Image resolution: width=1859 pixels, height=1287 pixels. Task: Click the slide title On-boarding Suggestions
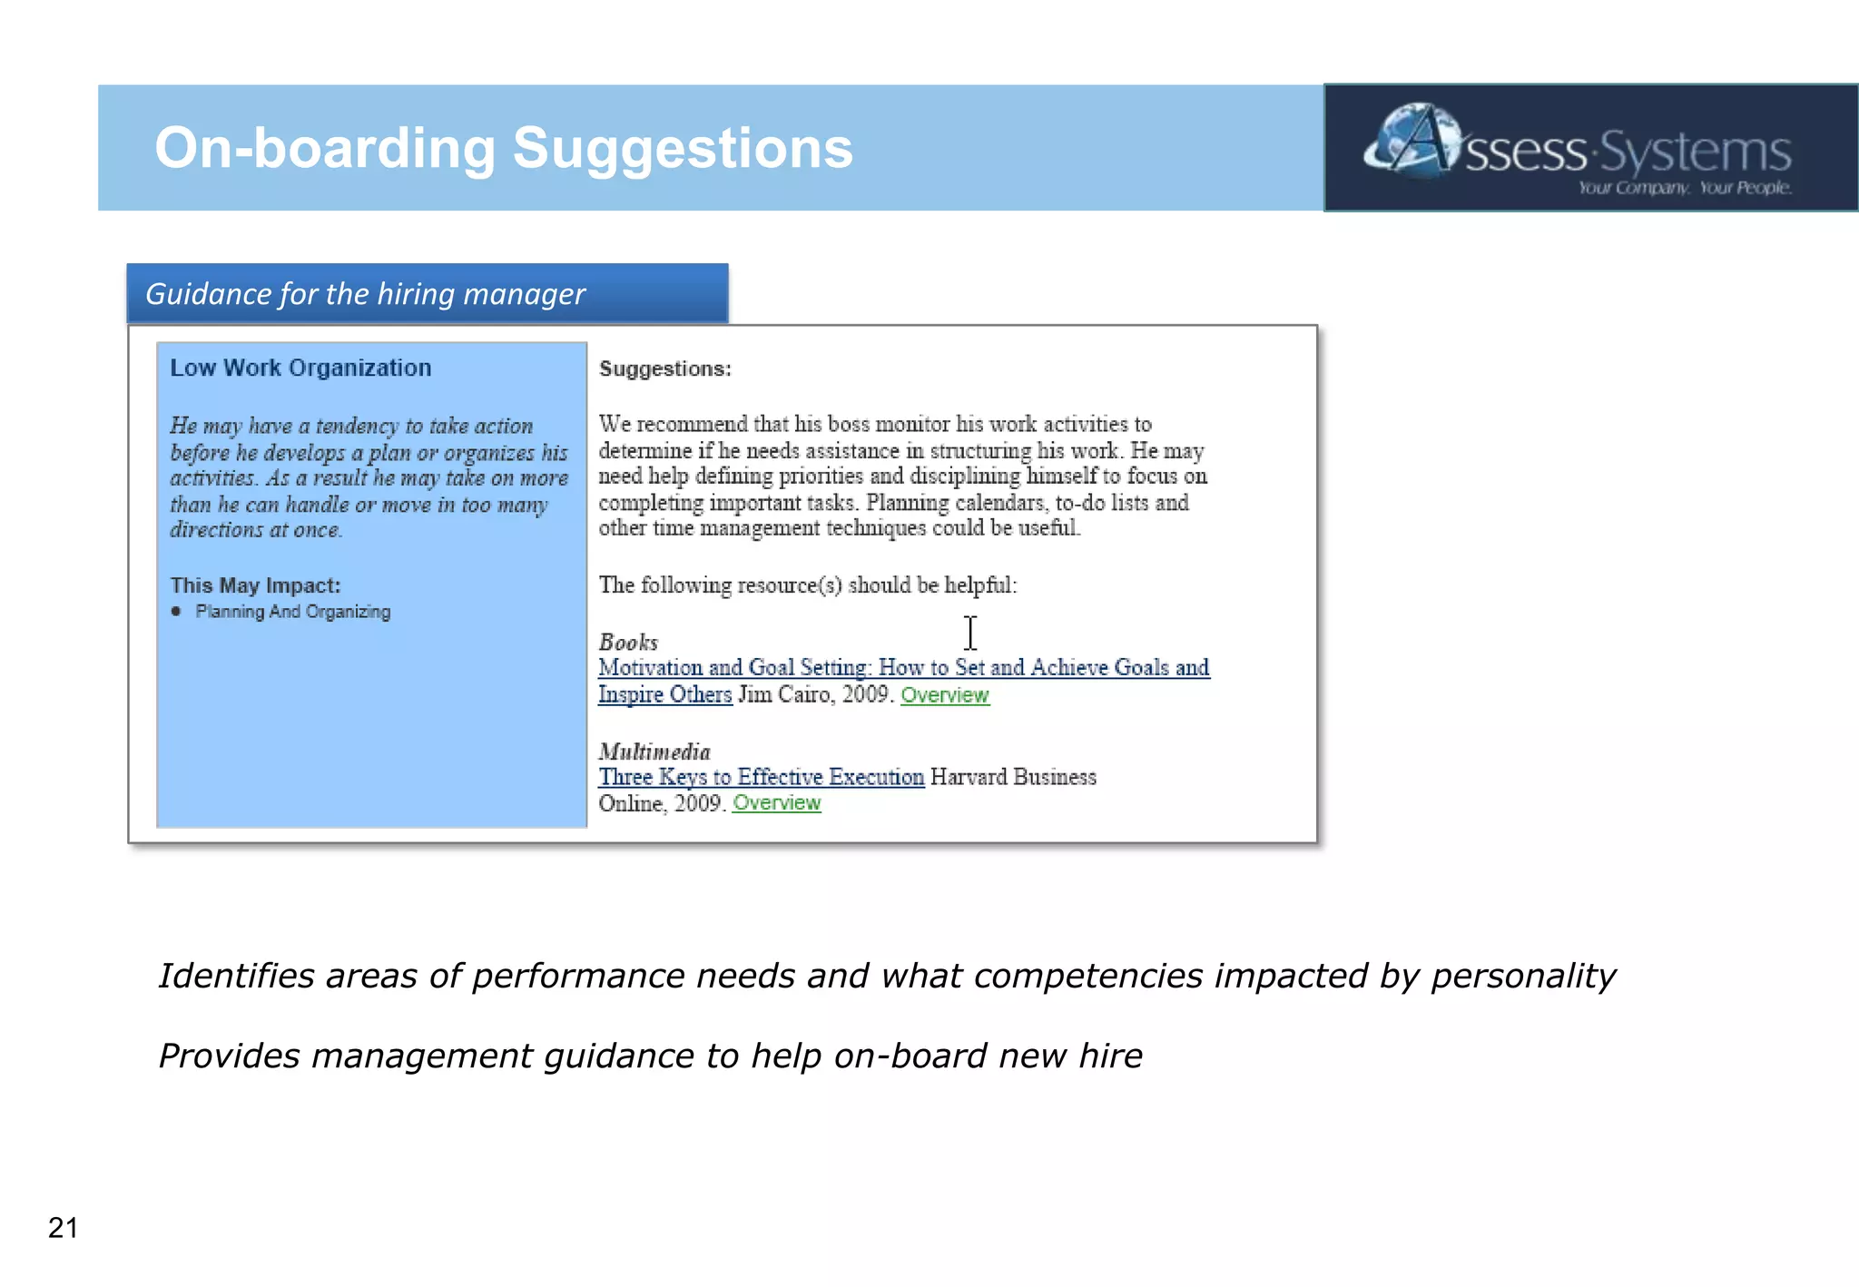(x=503, y=148)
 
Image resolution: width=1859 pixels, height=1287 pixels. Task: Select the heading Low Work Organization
(x=300, y=368)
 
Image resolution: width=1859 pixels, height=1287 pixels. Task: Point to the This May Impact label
(x=255, y=585)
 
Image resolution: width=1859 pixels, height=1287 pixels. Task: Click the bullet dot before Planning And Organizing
(x=176, y=612)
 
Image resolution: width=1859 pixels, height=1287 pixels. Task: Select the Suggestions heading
(x=664, y=368)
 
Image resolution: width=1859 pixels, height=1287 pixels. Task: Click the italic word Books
(x=628, y=642)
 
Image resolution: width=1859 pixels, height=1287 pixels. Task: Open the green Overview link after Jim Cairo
(x=944, y=695)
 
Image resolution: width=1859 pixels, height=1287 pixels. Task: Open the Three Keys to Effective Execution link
(x=761, y=777)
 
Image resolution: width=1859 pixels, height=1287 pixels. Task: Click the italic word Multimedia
(x=654, y=752)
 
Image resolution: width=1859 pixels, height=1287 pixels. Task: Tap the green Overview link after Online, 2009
(x=776, y=803)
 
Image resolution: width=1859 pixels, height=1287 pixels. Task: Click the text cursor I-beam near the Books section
(x=970, y=633)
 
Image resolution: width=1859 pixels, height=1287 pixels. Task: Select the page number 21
(x=63, y=1227)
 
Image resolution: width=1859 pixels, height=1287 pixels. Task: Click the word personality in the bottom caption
(x=1523, y=976)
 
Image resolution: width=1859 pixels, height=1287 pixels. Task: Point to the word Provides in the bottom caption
(x=229, y=1056)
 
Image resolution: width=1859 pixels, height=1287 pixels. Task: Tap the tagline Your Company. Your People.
(x=1684, y=188)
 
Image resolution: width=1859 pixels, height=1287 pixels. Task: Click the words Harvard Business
(x=1013, y=777)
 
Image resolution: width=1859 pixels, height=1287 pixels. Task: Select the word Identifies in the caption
(x=233, y=976)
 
